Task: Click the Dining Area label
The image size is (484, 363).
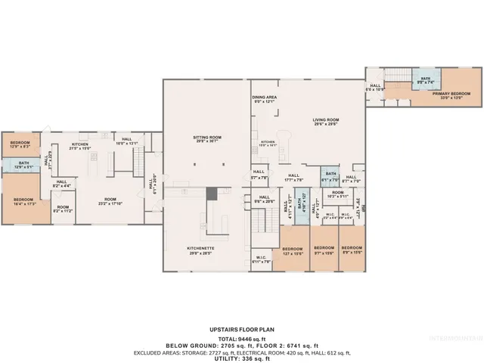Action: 264,99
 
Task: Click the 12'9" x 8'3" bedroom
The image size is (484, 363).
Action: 20,144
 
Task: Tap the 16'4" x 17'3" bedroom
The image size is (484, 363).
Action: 23,201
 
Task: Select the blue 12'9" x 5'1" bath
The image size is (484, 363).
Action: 24,165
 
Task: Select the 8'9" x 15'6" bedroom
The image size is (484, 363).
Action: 350,250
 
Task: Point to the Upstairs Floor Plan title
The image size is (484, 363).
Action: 242,330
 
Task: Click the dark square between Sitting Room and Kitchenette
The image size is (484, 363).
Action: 212,194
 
